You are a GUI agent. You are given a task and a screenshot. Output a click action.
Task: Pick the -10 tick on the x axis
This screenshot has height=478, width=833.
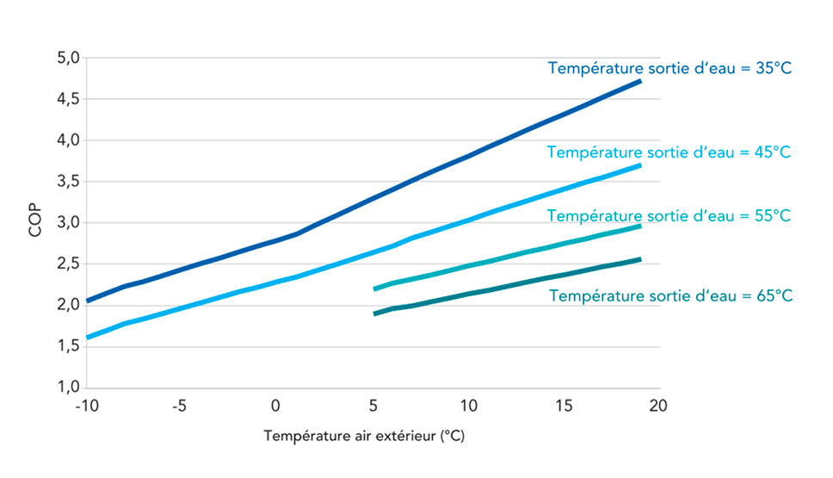point(85,405)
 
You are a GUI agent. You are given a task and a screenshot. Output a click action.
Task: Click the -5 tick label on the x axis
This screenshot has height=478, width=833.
point(179,405)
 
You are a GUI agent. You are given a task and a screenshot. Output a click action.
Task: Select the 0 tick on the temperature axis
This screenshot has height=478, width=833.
point(275,405)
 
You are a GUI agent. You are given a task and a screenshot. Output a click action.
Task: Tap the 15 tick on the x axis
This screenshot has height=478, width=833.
point(564,405)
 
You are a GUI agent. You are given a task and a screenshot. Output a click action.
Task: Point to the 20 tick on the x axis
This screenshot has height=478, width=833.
point(660,405)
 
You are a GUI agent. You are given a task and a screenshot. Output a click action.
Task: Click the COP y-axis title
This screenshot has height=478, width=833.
point(35,222)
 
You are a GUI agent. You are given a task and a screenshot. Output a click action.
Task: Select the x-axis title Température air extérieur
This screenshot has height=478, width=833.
point(364,437)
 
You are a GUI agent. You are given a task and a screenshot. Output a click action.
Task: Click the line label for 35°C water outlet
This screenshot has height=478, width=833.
point(669,68)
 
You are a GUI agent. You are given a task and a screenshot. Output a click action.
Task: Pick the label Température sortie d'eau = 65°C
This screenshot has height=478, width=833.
point(669,295)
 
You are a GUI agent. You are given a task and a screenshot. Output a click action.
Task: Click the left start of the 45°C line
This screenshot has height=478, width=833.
point(87,338)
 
